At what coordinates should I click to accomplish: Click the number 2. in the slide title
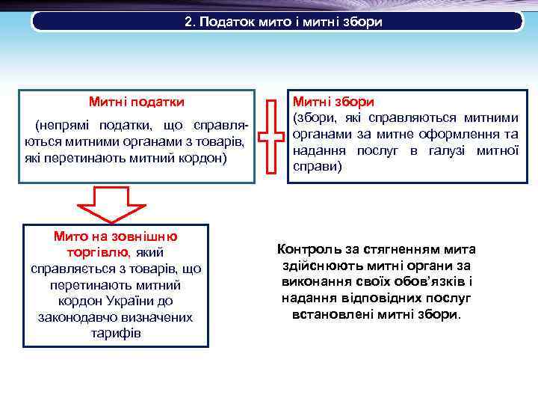tap(189, 22)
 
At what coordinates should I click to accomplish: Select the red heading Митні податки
tap(137, 101)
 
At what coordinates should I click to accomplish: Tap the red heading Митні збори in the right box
tap(333, 101)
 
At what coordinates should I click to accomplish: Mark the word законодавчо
tap(72, 317)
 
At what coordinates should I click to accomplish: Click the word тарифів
tap(115, 333)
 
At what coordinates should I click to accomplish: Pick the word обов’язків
tap(424, 281)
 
